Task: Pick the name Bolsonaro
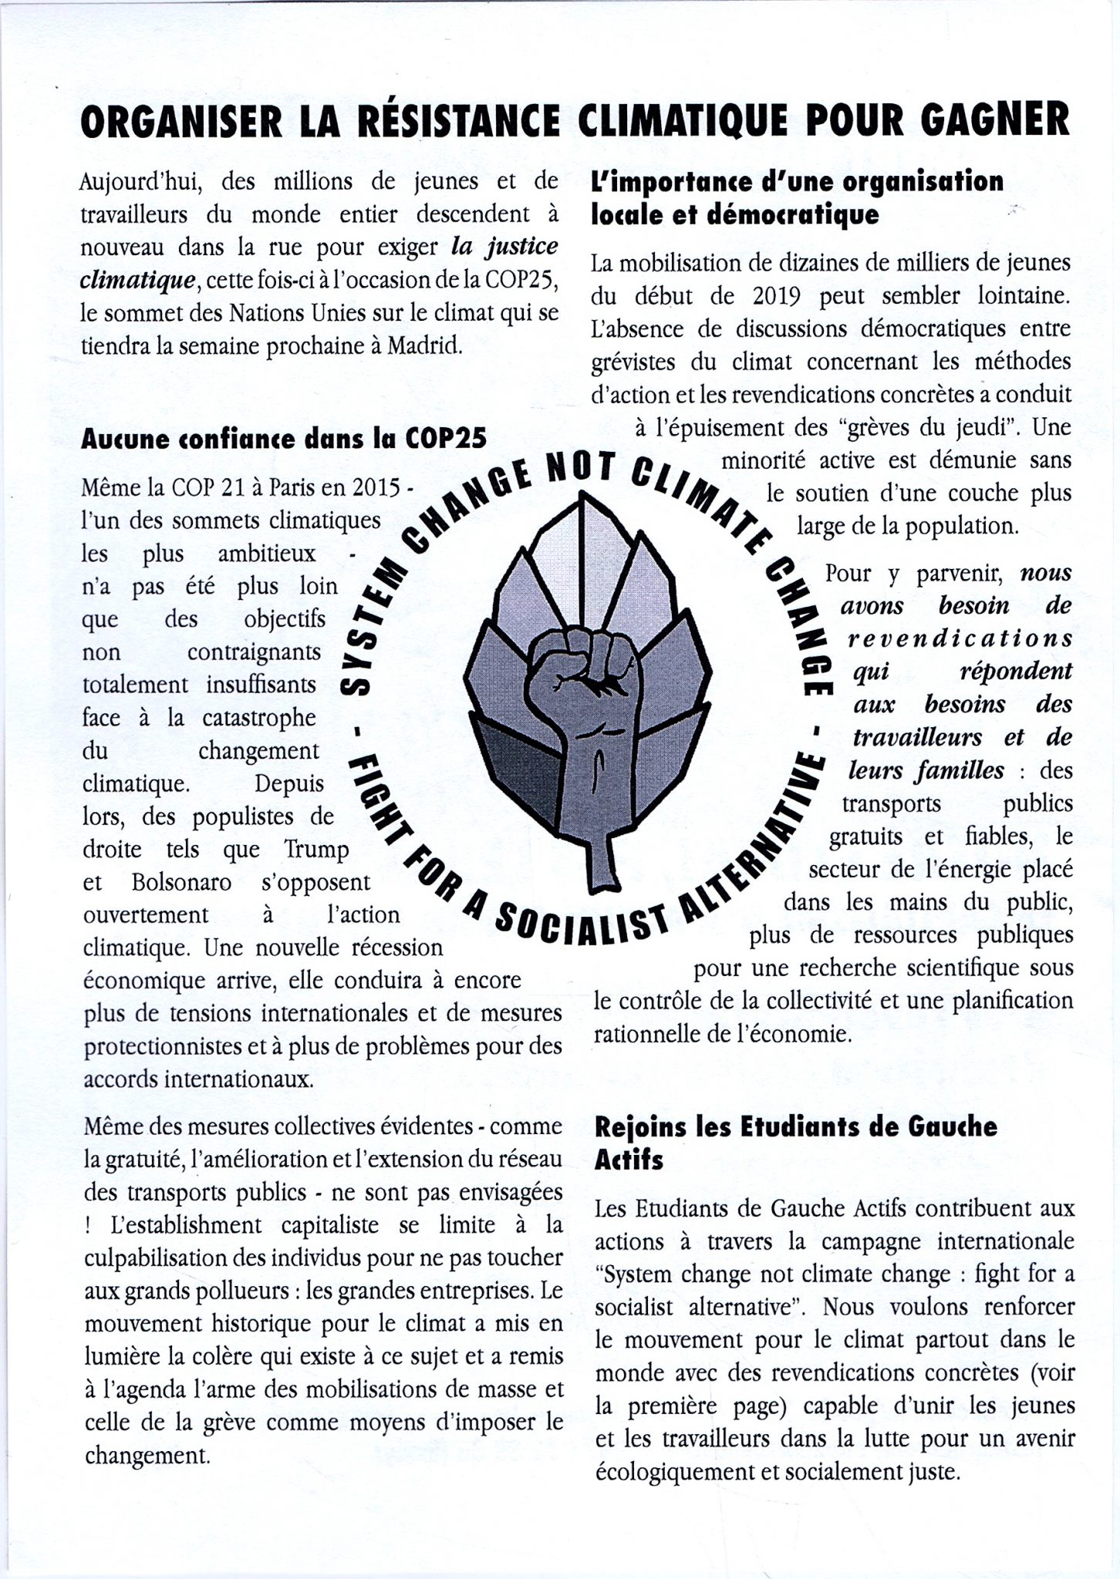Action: pyautogui.click(x=182, y=882)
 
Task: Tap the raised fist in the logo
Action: pyautogui.click(x=584, y=671)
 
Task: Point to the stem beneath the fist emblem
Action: pyautogui.click(x=602, y=856)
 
